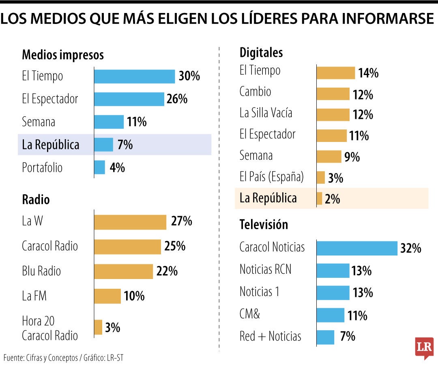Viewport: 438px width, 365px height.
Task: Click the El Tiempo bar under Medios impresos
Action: pyautogui.click(x=134, y=76)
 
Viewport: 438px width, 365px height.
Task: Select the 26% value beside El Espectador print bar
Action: pyautogui.click(x=177, y=99)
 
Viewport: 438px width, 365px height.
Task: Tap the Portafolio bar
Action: pyautogui.click(x=99, y=167)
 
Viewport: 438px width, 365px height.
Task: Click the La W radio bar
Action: pyautogui.click(x=130, y=222)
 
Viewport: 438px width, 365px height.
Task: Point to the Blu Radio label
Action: pyautogui.click(x=41, y=271)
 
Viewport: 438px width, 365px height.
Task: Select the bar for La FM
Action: pyautogui.click(x=107, y=296)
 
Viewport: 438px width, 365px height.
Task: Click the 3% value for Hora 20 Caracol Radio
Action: pyautogui.click(x=112, y=328)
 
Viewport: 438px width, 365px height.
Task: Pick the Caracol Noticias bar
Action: pyautogui.click(x=357, y=248)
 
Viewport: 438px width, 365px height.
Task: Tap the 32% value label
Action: pyautogui.click(x=410, y=249)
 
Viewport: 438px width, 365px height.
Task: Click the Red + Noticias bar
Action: pyautogui.click(x=325, y=337)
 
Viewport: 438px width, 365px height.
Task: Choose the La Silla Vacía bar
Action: pyautogui.click(x=333, y=115)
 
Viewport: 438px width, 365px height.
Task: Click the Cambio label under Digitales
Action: pyautogui.click(x=255, y=92)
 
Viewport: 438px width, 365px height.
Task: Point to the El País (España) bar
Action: pyautogui.click(x=321, y=178)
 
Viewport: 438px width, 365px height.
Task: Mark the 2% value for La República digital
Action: pyautogui.click(x=332, y=199)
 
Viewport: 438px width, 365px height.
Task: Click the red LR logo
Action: pyautogui.click(x=424, y=348)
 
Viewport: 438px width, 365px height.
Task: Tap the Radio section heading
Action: pyautogui.click(x=36, y=200)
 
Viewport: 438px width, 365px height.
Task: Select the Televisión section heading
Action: pyautogui.click(x=264, y=224)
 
